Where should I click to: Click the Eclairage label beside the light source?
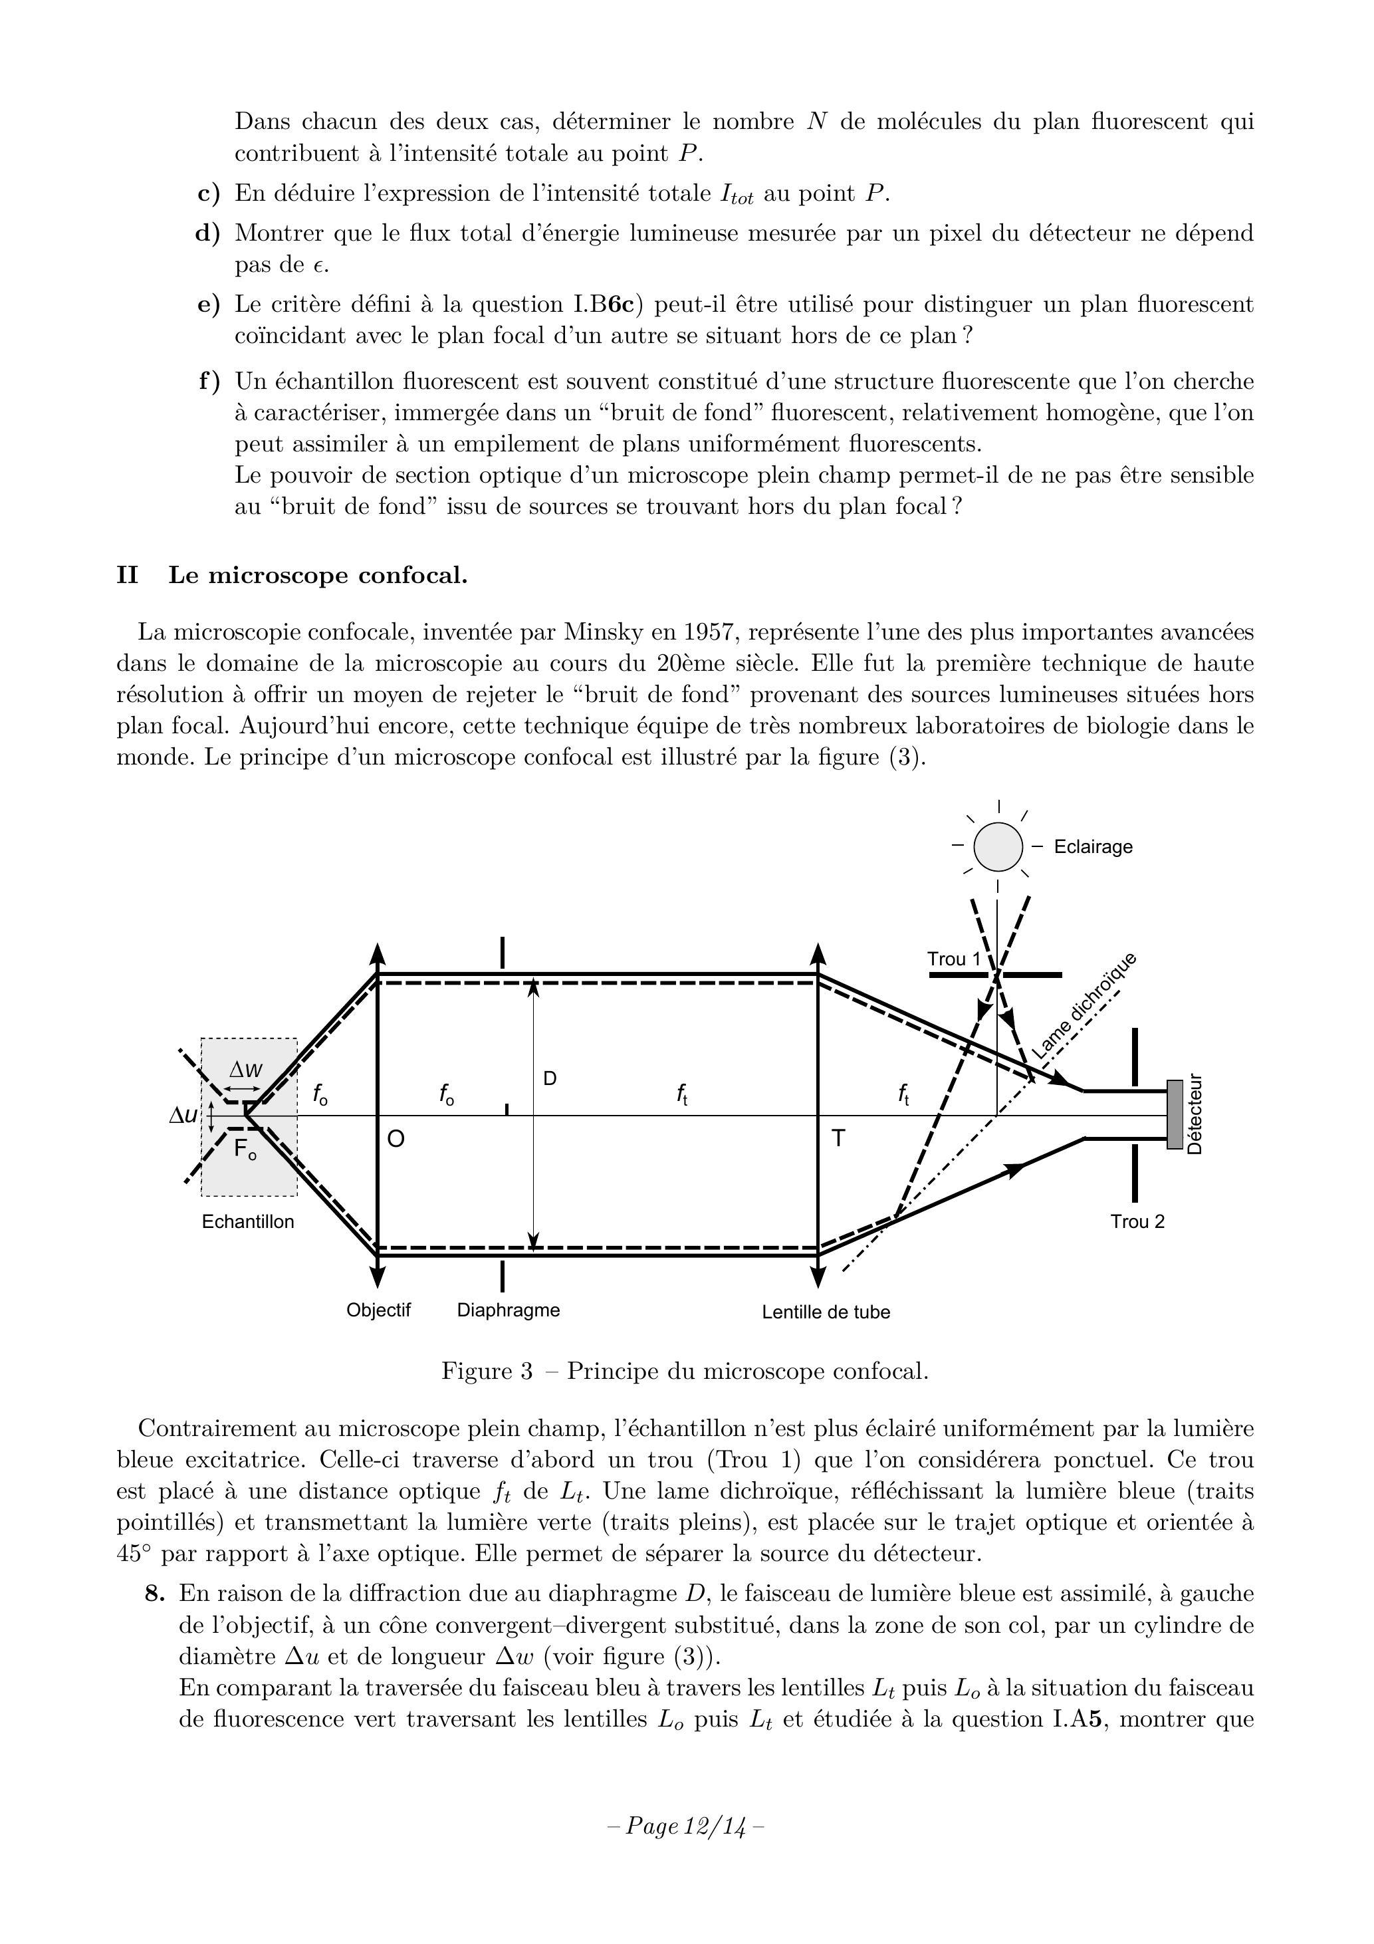pos(1092,847)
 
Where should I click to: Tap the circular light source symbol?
pos(998,847)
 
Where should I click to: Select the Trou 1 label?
pos(953,959)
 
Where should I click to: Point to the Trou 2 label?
pos(1137,1222)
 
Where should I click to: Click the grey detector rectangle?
pos(1174,1114)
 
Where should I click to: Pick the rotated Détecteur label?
pos(1195,1114)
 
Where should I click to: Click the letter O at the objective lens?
pos(396,1140)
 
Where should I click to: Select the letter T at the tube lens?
pos(838,1139)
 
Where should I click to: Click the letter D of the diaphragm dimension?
pos(550,1078)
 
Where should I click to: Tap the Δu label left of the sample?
pos(183,1116)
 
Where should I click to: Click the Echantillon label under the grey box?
pos(248,1222)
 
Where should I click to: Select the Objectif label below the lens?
pos(378,1310)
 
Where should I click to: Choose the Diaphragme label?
pos(508,1310)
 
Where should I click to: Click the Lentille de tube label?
pos(826,1312)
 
